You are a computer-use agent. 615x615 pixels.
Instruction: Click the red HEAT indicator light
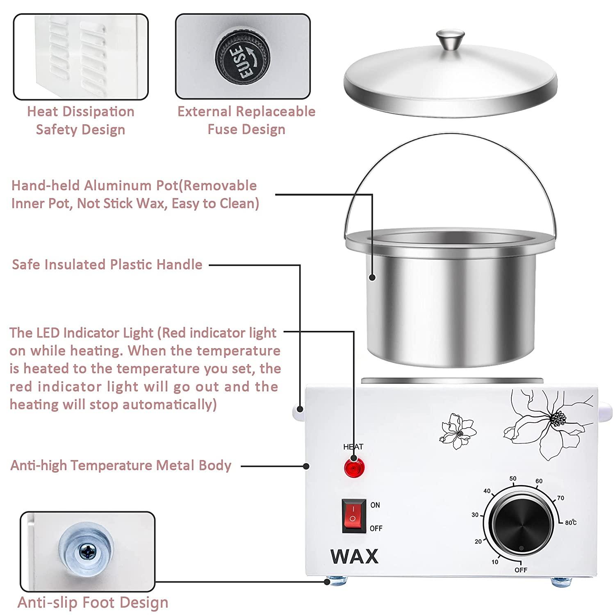coord(353,468)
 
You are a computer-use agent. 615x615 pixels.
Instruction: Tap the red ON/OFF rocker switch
coord(353,516)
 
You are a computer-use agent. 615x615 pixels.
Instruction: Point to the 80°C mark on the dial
coord(570,523)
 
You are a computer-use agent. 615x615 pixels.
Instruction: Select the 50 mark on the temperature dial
coord(512,478)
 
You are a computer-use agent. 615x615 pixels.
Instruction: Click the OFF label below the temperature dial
coord(521,570)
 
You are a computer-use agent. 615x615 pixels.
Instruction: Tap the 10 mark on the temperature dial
coord(495,562)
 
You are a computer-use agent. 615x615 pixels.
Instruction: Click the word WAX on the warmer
coord(354,556)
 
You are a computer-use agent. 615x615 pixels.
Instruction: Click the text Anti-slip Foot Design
coord(93,602)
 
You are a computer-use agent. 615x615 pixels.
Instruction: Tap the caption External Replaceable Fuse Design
coord(246,120)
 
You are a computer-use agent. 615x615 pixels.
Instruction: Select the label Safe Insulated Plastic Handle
coord(107,264)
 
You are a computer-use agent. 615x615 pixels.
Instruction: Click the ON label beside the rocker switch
coord(375,505)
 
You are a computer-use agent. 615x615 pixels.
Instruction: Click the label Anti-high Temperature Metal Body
coord(121,465)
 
